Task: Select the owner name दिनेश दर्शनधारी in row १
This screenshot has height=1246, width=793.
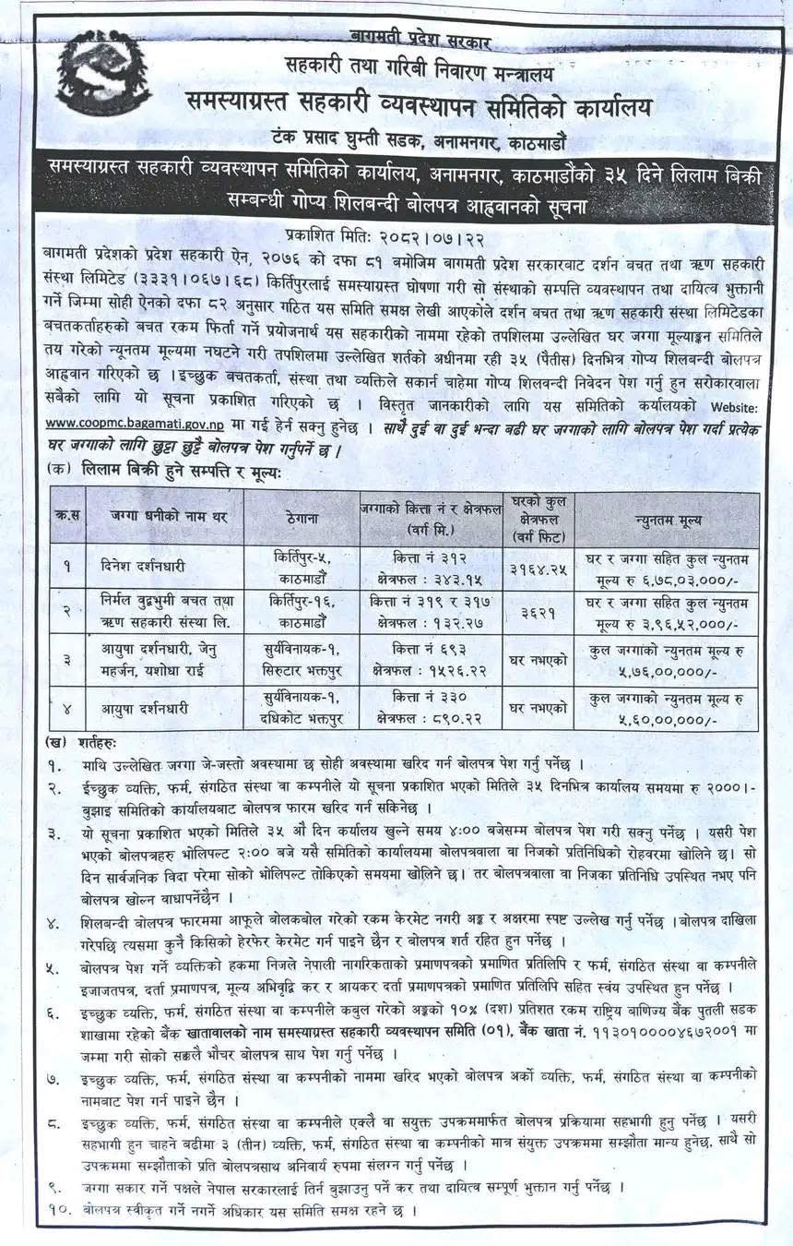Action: pos(148,558)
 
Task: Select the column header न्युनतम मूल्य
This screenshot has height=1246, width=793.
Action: pos(667,520)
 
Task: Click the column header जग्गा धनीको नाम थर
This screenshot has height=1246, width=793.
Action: pos(165,520)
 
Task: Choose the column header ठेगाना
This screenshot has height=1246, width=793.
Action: pos(302,520)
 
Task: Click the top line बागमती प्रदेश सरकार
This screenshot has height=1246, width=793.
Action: pos(420,39)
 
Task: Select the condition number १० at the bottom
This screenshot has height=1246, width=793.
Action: pos(60,1209)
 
